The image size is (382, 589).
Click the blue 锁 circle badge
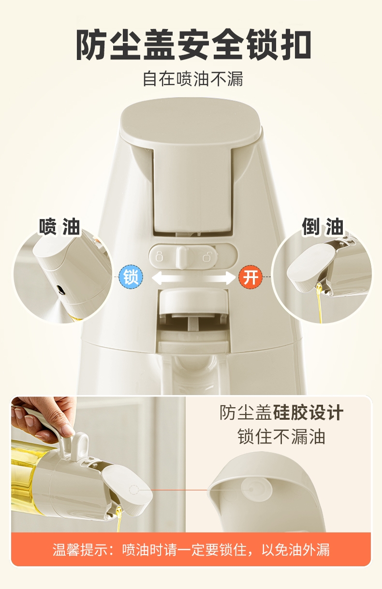[131, 277]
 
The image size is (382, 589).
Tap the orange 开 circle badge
[250, 277]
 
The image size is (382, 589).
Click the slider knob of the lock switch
[182, 257]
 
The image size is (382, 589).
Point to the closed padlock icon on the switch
[159, 256]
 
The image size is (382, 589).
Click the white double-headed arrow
[193, 278]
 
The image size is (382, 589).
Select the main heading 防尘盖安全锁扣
[194, 45]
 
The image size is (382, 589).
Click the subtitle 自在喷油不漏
[193, 79]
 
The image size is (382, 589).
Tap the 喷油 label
[59, 226]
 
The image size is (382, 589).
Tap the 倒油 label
[323, 226]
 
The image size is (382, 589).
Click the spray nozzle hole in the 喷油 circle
[60, 289]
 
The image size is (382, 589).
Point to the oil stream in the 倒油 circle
[319, 302]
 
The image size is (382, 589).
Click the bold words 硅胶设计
[308, 413]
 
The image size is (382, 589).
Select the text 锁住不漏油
[281, 437]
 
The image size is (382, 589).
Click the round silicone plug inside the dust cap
[256, 489]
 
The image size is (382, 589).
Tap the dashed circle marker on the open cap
[134, 489]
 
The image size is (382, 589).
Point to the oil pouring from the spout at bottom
[118, 516]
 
